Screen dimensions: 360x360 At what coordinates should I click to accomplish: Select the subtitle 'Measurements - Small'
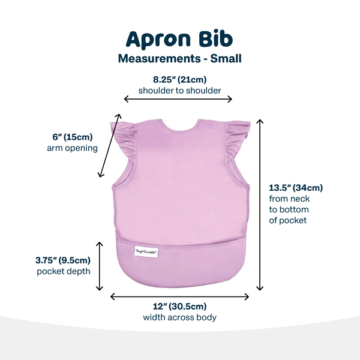tap(179, 59)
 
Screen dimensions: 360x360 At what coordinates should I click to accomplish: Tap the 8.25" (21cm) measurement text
tap(179, 79)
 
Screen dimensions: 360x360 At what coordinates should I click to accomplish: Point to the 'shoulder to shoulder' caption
tap(179, 91)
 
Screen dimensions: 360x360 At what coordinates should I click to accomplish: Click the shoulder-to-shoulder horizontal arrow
tap(178, 100)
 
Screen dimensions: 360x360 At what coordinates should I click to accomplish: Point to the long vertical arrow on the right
tap(260, 204)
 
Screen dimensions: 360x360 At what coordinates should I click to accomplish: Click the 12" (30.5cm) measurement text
tap(179, 306)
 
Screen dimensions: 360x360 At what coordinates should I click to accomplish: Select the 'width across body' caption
tap(179, 317)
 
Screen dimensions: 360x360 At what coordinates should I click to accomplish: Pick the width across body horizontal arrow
tap(179, 296)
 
